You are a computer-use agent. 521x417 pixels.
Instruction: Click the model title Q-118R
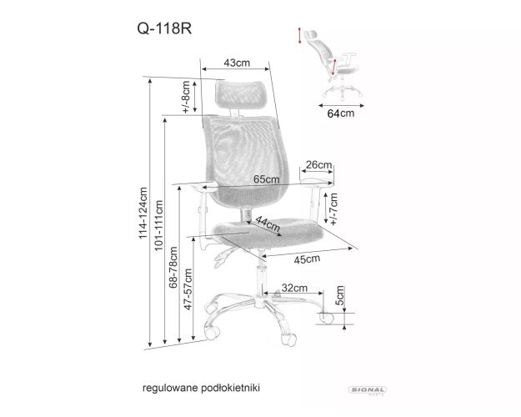(x=164, y=28)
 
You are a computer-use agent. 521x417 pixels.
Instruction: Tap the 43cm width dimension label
(x=237, y=63)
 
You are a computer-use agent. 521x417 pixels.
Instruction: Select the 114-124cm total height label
(x=143, y=213)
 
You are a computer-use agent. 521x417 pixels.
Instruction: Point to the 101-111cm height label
(x=158, y=225)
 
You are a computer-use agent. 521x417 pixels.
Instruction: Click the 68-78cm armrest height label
(x=173, y=268)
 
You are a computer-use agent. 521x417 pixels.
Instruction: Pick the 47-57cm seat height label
(x=188, y=289)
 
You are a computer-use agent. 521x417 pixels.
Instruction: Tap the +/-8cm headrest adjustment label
(x=186, y=97)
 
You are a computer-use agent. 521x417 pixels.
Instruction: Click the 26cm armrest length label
(x=318, y=164)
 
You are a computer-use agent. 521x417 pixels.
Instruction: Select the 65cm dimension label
(x=267, y=179)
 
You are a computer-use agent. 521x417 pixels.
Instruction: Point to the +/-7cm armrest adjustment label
(x=333, y=209)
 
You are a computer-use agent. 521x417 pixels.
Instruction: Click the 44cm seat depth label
(x=268, y=224)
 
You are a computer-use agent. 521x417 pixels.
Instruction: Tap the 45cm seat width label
(x=307, y=259)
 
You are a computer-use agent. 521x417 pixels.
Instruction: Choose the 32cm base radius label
(x=294, y=288)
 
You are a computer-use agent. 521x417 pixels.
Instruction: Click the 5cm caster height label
(x=339, y=295)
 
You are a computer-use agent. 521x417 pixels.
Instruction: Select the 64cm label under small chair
(x=341, y=113)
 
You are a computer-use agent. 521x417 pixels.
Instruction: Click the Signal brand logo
(x=368, y=390)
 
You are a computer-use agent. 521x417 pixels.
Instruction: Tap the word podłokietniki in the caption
(x=231, y=388)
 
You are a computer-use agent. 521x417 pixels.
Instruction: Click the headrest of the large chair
(x=240, y=95)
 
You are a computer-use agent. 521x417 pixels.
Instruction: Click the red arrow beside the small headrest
(x=300, y=36)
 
